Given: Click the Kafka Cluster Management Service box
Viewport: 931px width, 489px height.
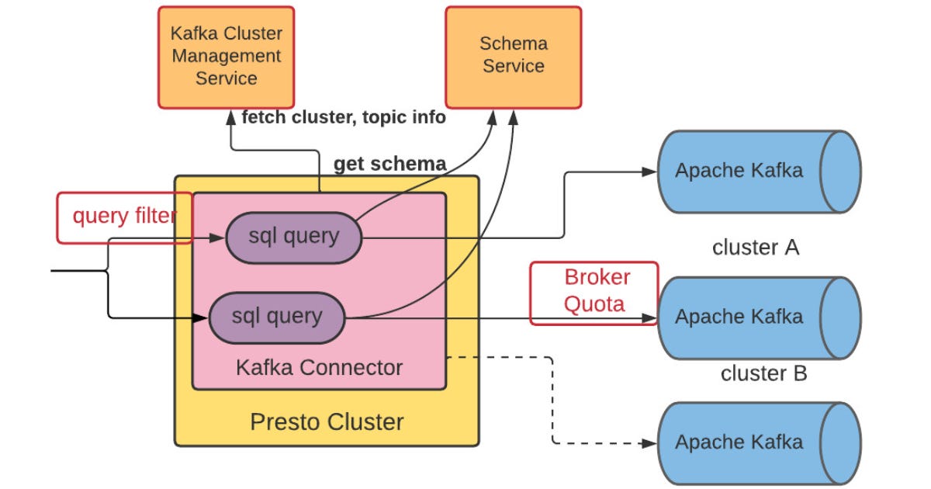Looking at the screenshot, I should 226,57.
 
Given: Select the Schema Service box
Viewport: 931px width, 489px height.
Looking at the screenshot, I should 513,57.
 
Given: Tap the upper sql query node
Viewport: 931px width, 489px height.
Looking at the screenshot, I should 294,236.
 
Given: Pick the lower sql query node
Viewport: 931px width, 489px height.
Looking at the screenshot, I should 277,316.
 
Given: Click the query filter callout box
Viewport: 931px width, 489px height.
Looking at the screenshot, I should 124,217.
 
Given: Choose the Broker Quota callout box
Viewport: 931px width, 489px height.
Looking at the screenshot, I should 594,292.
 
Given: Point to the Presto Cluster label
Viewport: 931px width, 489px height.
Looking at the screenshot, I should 327,422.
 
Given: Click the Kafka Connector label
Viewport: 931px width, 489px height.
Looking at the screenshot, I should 319,367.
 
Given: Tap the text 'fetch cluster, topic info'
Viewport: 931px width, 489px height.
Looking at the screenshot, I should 344,117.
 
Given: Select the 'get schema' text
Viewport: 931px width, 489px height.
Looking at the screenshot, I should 389,164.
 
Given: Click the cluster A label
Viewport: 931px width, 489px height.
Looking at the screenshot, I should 755,248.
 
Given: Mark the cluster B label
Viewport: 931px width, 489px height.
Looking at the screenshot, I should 763,373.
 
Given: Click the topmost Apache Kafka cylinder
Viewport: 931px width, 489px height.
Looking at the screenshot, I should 758,171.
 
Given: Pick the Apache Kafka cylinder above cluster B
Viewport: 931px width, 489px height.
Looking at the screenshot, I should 758,317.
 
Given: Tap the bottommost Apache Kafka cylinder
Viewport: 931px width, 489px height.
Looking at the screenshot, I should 758,442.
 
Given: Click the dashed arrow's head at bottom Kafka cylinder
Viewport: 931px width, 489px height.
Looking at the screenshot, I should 650,444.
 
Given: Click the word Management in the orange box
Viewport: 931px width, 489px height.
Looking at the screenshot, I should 226,56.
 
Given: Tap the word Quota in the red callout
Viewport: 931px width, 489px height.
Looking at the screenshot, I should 594,303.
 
